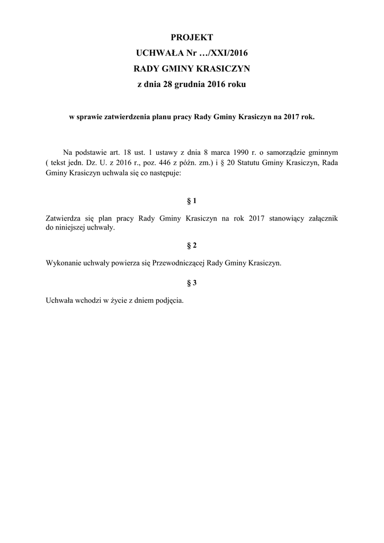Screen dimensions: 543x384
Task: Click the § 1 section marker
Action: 192,201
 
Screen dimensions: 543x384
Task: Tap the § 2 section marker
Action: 192,246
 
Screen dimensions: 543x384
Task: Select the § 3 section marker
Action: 192,283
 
